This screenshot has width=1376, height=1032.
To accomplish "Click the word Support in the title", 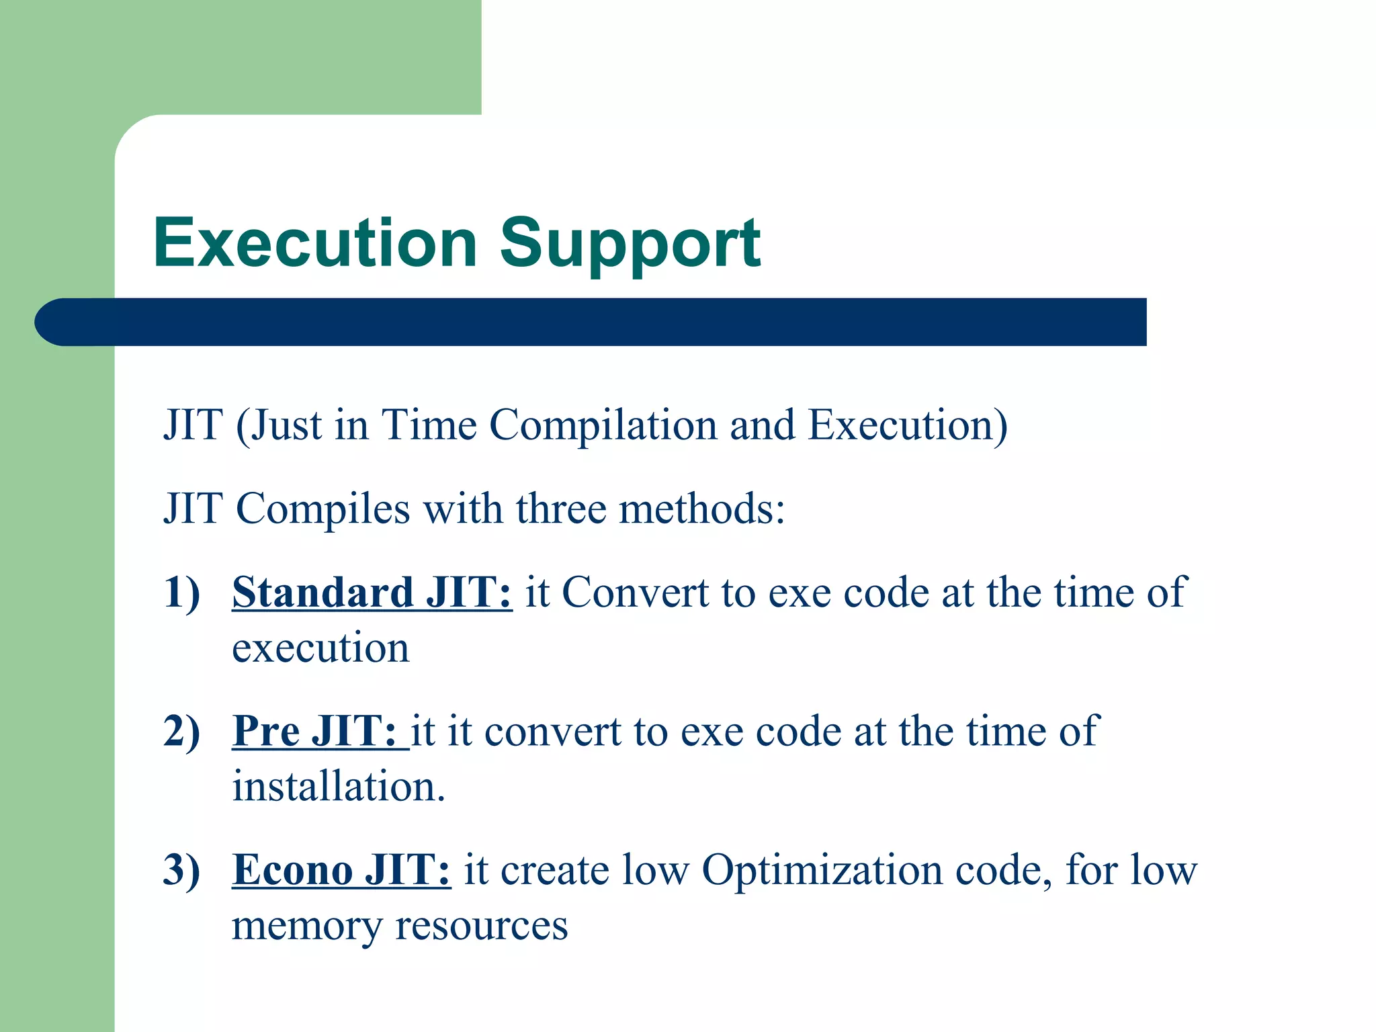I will click(x=630, y=245).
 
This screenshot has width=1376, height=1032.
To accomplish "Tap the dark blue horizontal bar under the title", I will click(x=591, y=322).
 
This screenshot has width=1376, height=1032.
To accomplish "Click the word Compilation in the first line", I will click(x=603, y=426).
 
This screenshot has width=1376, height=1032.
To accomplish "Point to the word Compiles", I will click(x=322, y=509).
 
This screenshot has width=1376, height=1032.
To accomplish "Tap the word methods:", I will click(x=701, y=509).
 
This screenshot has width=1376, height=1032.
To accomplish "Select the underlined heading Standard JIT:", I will click(x=372, y=593).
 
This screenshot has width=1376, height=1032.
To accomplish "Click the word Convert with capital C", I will click(x=635, y=593).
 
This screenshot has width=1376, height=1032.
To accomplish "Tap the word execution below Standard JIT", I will click(x=320, y=649).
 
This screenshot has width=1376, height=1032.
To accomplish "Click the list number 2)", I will click(x=182, y=732).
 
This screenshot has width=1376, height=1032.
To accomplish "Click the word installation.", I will click(x=338, y=787).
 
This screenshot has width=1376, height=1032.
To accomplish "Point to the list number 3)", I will click(x=182, y=871).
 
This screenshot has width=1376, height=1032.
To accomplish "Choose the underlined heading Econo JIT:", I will click(x=341, y=870).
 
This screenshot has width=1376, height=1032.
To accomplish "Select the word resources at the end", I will click(x=481, y=927).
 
